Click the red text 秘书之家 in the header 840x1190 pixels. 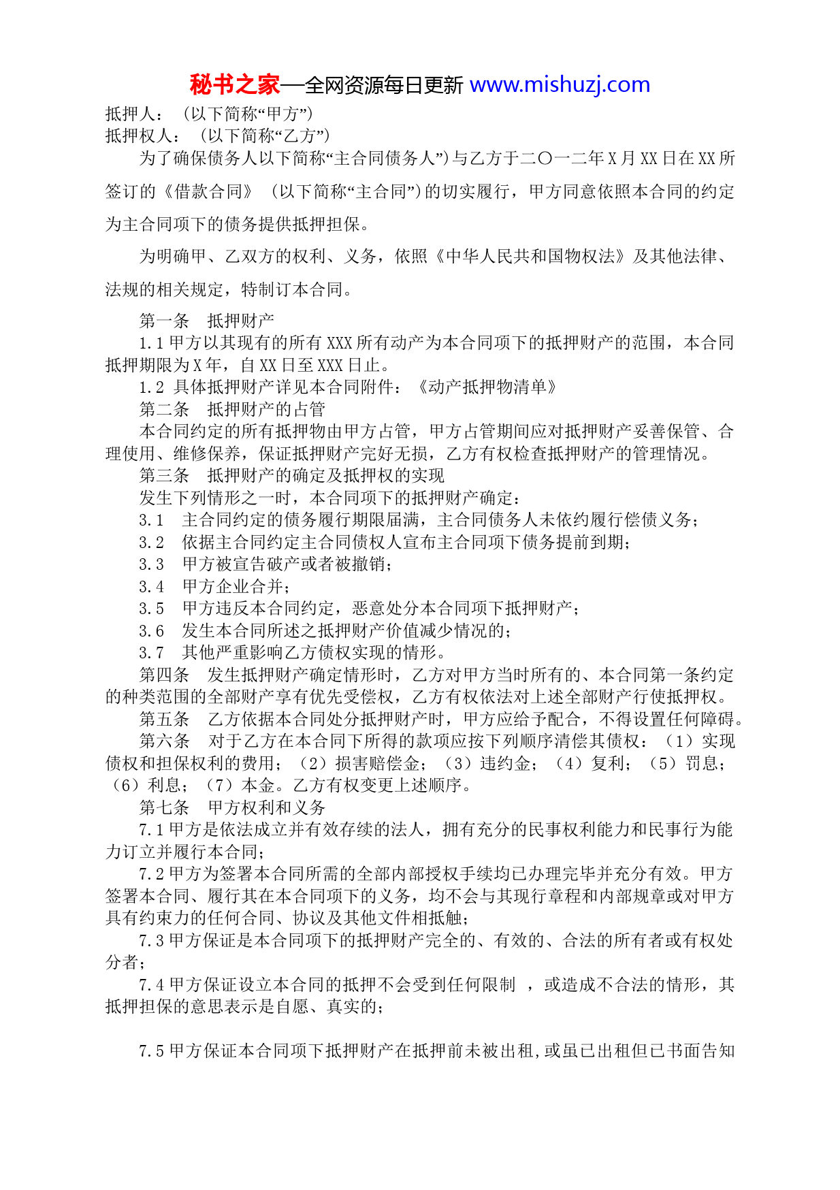(234, 85)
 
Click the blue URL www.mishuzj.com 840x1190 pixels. (560, 85)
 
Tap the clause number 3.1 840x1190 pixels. (151, 521)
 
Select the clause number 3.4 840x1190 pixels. (151, 587)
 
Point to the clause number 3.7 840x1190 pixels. (151, 653)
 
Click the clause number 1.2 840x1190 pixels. (151, 387)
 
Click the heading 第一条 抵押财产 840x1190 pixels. (206, 321)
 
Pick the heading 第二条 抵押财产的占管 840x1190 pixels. (232, 410)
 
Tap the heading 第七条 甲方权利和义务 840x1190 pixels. (232, 808)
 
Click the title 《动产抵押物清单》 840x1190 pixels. (487, 387)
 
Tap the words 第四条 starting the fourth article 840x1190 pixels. (164, 675)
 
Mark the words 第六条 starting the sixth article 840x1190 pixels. (164, 741)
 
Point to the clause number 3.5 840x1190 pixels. (151, 609)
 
